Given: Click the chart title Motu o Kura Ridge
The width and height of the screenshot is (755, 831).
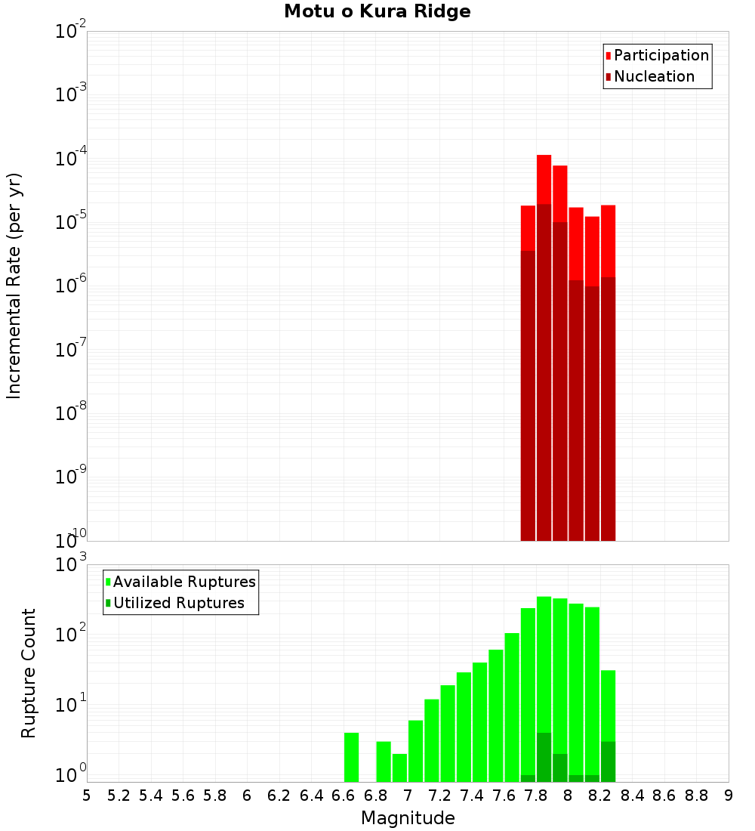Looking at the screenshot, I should [377, 12].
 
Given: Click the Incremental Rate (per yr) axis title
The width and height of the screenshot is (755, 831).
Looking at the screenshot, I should [14, 286].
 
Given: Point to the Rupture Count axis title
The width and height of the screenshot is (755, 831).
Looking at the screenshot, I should [29, 673].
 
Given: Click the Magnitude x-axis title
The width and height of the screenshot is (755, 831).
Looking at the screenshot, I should [408, 818].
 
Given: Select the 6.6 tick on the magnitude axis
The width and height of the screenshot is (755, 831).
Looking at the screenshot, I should [344, 795].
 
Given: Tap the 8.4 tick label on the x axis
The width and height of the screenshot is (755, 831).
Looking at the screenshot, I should [632, 795].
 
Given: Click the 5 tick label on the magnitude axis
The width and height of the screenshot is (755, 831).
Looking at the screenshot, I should [87, 795].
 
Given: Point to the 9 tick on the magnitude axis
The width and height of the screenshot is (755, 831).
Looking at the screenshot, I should [729, 795].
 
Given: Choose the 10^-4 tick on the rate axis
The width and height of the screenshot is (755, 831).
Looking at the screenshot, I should [70, 159].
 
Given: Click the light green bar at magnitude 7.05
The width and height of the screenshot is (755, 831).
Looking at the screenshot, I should [415, 751].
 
